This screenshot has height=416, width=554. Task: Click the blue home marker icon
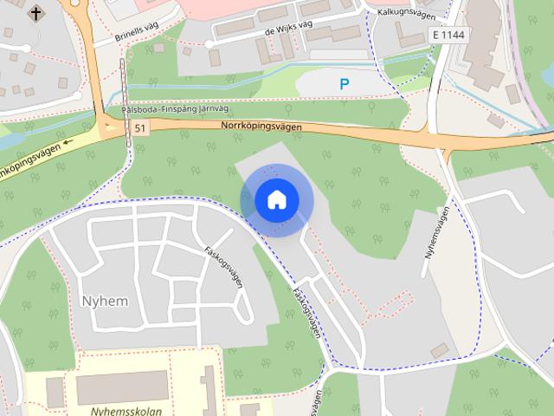coord(276,200)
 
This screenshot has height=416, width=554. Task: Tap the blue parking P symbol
coord(345,84)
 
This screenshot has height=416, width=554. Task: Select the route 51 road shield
coord(140,128)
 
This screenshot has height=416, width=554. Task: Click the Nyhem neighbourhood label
coord(104,301)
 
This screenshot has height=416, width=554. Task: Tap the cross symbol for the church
coord(35,13)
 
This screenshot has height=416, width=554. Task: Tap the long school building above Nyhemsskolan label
coord(121,387)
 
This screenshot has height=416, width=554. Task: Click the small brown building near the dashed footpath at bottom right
coord(440,350)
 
